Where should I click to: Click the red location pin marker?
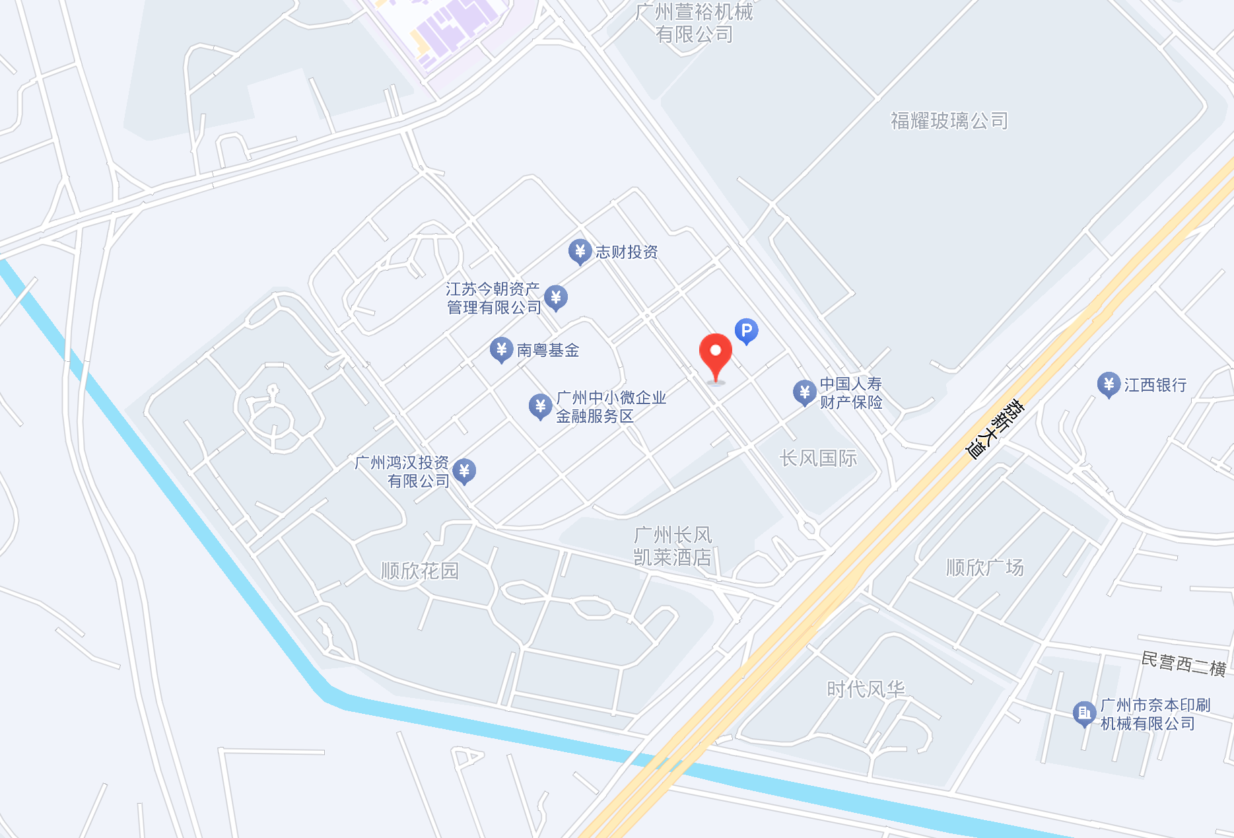pyautogui.click(x=716, y=355)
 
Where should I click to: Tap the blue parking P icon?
pyautogui.click(x=746, y=330)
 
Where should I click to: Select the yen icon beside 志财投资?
pyautogui.click(x=580, y=251)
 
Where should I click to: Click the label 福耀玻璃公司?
pyautogui.click(x=949, y=121)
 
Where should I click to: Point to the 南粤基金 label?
pyautogui.click(x=547, y=350)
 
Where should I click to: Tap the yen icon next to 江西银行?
pyautogui.click(x=1109, y=384)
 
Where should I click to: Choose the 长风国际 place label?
pyautogui.click(x=818, y=458)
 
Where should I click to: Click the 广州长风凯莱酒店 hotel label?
pyautogui.click(x=673, y=546)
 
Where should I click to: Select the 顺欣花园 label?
pyautogui.click(x=420, y=571)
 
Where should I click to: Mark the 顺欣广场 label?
pyautogui.click(x=984, y=567)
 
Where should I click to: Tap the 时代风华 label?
pyautogui.click(x=866, y=689)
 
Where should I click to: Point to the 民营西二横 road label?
pyautogui.click(x=1184, y=664)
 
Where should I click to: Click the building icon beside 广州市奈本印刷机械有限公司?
pyautogui.click(x=1084, y=713)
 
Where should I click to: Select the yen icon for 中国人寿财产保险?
pyautogui.click(x=804, y=392)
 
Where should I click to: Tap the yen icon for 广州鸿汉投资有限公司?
pyautogui.click(x=464, y=471)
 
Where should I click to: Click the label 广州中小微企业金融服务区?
pyautogui.click(x=611, y=407)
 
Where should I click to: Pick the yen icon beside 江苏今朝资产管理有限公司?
pyautogui.click(x=556, y=297)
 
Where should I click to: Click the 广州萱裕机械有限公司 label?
pyautogui.click(x=694, y=22)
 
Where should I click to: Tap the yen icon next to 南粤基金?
pyautogui.click(x=501, y=349)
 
